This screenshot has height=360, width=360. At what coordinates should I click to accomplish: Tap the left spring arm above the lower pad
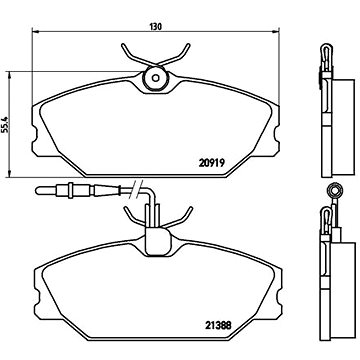pos(127,215)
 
